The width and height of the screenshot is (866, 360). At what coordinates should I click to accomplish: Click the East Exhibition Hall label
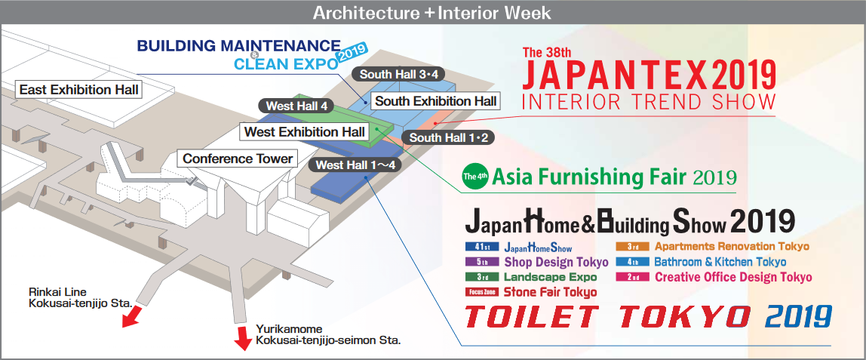click(79, 90)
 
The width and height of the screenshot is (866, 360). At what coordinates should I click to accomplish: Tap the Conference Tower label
click(238, 159)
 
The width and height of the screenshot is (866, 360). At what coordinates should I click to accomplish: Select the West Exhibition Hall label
click(304, 132)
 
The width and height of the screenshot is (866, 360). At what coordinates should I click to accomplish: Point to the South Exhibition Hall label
click(435, 101)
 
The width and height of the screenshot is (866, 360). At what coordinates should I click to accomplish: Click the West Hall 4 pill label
click(296, 106)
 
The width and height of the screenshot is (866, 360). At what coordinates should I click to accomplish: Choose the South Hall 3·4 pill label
click(399, 74)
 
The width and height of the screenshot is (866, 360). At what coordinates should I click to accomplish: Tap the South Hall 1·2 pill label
click(448, 137)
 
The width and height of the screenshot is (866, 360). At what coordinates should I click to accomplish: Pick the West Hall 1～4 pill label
click(356, 164)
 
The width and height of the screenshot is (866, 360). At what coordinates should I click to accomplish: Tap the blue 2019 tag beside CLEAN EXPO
click(352, 55)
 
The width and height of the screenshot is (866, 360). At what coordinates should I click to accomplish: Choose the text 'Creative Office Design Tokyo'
click(733, 277)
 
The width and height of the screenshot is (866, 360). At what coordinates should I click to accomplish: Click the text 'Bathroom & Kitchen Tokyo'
click(720, 262)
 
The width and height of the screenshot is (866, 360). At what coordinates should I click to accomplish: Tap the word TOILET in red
click(531, 316)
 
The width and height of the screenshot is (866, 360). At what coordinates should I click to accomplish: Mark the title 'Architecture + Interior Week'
click(432, 12)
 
